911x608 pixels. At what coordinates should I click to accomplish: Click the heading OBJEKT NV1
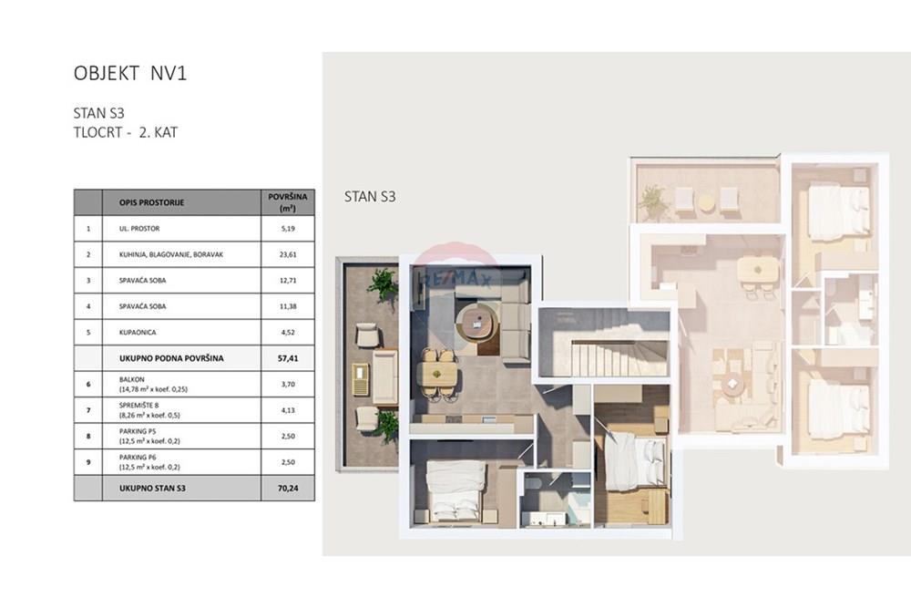[130, 73]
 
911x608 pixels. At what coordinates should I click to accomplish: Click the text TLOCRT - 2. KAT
[126, 132]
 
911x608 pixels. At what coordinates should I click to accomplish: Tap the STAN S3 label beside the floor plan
[370, 197]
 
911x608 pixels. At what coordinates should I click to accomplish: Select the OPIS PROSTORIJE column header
[151, 203]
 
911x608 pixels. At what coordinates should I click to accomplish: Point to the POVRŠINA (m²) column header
[288, 202]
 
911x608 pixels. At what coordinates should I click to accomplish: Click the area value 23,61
[288, 254]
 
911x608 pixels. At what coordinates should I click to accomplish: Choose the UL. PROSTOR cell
[139, 229]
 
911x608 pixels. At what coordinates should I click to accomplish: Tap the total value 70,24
[288, 489]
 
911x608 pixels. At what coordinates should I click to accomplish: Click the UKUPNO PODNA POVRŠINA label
[171, 358]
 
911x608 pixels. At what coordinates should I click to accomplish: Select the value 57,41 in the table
[288, 358]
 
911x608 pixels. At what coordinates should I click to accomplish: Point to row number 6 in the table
[88, 384]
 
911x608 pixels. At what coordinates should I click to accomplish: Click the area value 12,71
[288, 280]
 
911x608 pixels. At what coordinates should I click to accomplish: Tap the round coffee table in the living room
[477, 322]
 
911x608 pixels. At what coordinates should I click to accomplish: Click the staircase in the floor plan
[604, 343]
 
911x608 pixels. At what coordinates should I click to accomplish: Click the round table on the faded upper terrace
[705, 202]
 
